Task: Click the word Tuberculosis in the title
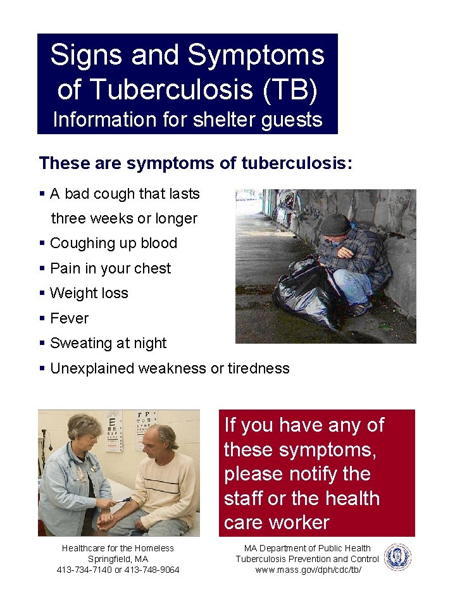161,89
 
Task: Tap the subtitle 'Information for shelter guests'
187,119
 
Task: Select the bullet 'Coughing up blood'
113,243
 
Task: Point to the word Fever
69,318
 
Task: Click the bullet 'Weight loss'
89,293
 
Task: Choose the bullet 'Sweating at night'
108,343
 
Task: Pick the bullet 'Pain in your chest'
110,268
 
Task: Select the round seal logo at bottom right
397,558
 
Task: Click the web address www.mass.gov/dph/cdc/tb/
308,570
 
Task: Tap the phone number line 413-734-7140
118,570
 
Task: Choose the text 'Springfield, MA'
118,559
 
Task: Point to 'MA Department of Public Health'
308,548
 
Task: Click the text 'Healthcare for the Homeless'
118,548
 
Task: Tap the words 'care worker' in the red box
277,522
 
